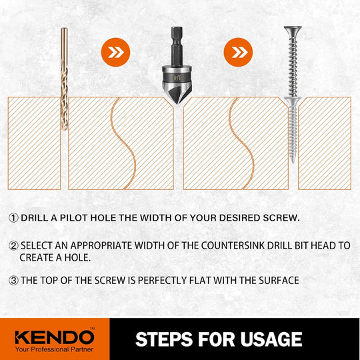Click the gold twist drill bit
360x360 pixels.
pos(64,79)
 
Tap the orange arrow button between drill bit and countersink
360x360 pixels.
pos(115,53)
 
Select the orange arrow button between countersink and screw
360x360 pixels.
pos(238,53)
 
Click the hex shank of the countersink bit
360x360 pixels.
pos(177,47)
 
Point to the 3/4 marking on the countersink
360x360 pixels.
pos(177,77)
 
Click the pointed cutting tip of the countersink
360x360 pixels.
pos(177,103)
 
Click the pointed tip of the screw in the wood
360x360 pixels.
pos(293,162)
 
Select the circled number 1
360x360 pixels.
pos(13,217)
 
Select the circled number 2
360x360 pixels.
pos(13,245)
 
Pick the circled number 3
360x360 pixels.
pos(13,280)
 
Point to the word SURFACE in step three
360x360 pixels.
pos(279,280)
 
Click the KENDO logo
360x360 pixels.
pos(55,337)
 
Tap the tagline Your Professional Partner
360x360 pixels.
pos(55,349)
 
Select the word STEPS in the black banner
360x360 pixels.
pos(164,339)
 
